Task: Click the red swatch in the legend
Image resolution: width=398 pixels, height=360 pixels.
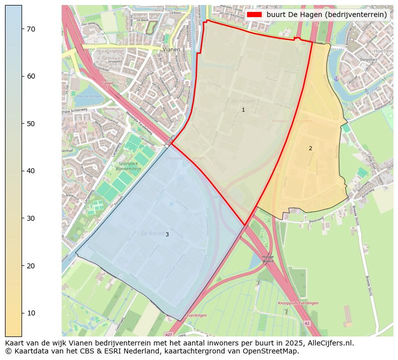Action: pos(254,15)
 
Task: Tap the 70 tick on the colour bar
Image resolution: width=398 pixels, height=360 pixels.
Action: pos(22,29)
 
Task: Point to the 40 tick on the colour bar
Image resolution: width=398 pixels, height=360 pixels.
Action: pos(22,171)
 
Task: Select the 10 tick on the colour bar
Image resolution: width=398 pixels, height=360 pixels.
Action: pos(22,313)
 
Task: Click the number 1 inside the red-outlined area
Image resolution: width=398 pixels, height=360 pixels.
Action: pos(243,110)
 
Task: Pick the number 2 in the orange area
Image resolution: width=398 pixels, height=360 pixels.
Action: pos(310,148)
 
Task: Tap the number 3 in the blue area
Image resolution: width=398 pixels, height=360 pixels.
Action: pos(167,234)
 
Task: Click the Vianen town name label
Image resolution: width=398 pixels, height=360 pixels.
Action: pos(171,50)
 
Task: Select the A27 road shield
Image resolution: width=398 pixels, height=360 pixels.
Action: pos(169,334)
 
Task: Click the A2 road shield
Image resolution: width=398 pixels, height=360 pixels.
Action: pos(307,323)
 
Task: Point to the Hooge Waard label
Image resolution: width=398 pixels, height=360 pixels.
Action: pos(268,259)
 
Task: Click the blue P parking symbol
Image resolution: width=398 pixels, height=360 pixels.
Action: pos(171,204)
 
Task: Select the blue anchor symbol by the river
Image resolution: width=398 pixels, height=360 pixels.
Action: pos(337,79)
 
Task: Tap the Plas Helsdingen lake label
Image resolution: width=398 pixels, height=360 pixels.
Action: pos(90,96)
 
